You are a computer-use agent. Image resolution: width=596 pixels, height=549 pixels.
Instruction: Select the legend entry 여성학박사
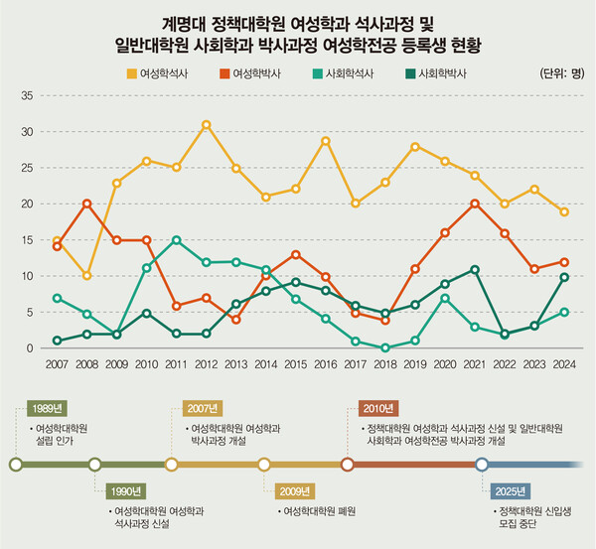[x=256, y=72]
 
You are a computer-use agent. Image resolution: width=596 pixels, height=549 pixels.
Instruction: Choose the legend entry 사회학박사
[x=439, y=72]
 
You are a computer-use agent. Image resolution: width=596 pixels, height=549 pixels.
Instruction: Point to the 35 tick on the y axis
[x=27, y=95]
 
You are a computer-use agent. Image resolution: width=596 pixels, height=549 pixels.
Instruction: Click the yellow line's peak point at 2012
[x=206, y=125]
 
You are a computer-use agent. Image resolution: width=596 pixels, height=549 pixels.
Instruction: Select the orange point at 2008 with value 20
[x=86, y=204]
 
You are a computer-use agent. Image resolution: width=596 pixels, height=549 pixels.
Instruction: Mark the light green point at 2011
[x=177, y=240]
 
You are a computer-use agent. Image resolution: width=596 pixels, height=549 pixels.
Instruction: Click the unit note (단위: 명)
[x=561, y=73]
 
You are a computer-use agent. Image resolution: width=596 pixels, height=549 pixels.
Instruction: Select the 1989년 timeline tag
[x=48, y=408]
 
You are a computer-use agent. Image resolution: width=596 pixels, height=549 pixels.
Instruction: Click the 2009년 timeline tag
[x=297, y=491]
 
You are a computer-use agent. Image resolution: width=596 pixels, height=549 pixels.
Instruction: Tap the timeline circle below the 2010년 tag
[x=348, y=463]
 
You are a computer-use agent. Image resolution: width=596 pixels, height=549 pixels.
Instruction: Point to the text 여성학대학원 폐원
[x=319, y=512]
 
